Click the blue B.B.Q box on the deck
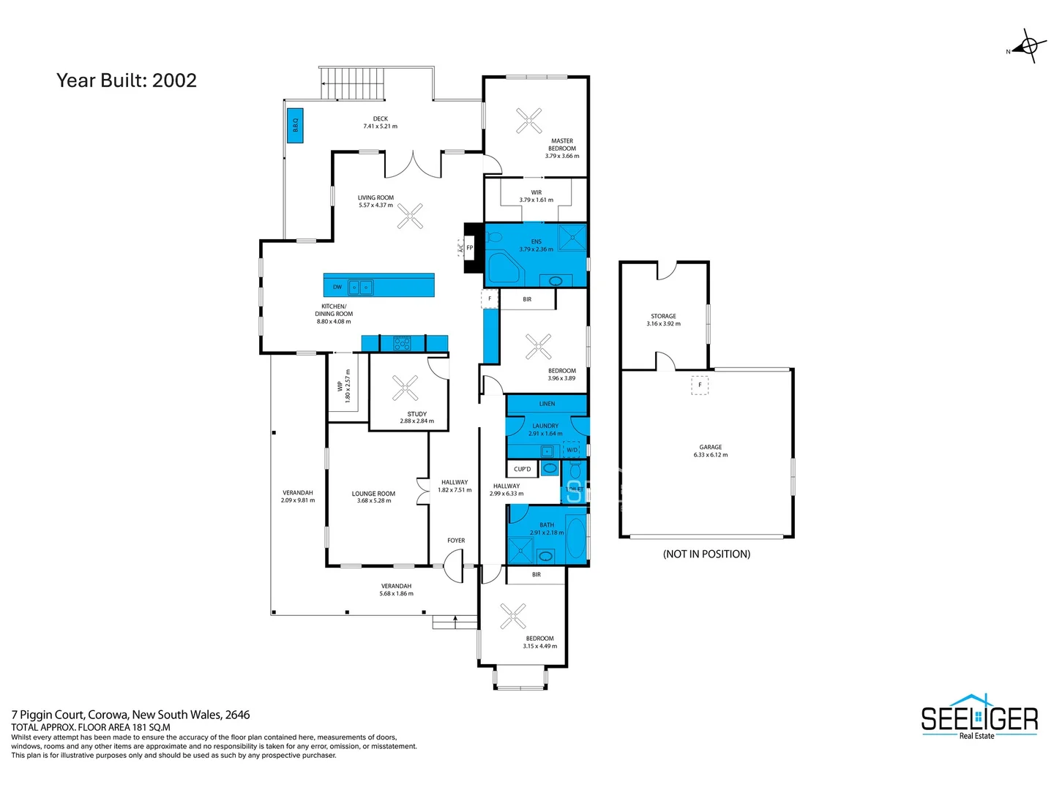point(295,125)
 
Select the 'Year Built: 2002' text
point(127,80)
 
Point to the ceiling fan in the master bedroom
point(528,121)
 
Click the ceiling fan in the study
point(405,388)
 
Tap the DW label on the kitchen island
point(337,287)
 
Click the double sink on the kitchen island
point(360,287)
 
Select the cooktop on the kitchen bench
point(402,342)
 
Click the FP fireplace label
point(470,248)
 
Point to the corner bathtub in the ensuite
point(502,268)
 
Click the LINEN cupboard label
point(547,404)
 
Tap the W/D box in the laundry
point(572,450)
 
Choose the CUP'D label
point(522,469)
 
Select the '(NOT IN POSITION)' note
point(706,554)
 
